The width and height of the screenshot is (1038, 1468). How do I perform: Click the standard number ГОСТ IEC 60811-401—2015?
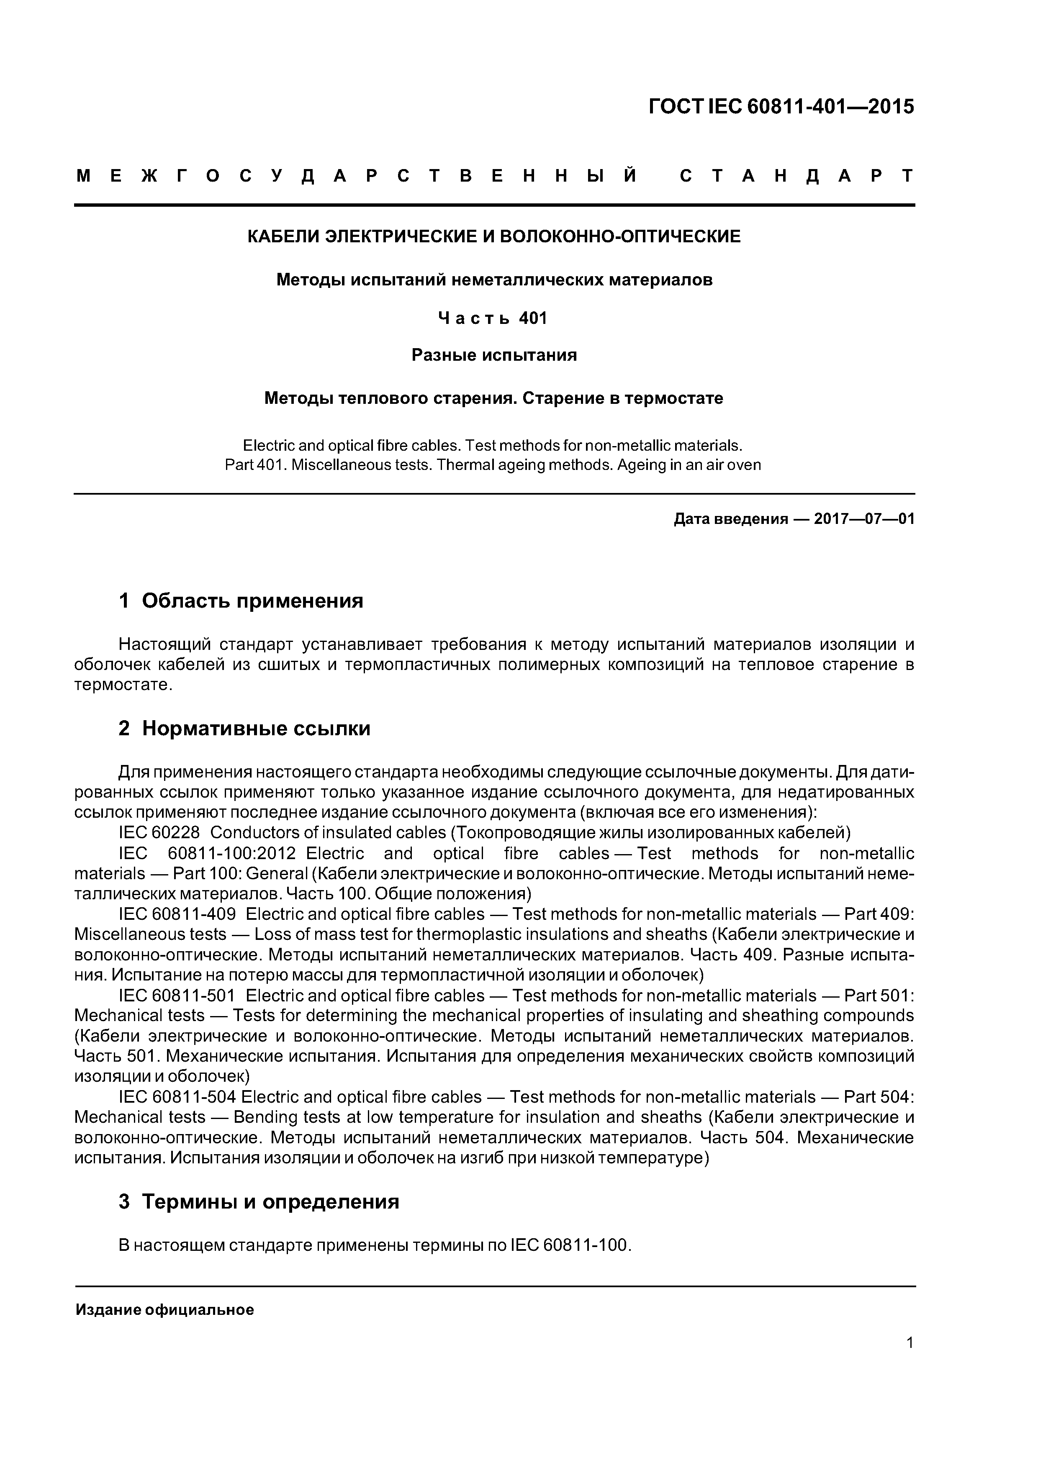[x=781, y=107]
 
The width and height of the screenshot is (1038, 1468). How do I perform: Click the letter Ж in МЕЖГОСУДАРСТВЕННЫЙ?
[x=149, y=176]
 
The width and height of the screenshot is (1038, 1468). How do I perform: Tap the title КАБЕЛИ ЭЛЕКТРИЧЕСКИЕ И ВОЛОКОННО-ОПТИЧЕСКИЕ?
[x=494, y=236]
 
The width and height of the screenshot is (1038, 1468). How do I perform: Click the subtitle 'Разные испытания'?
[x=494, y=355]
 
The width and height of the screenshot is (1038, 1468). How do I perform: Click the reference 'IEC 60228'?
[x=159, y=832]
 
